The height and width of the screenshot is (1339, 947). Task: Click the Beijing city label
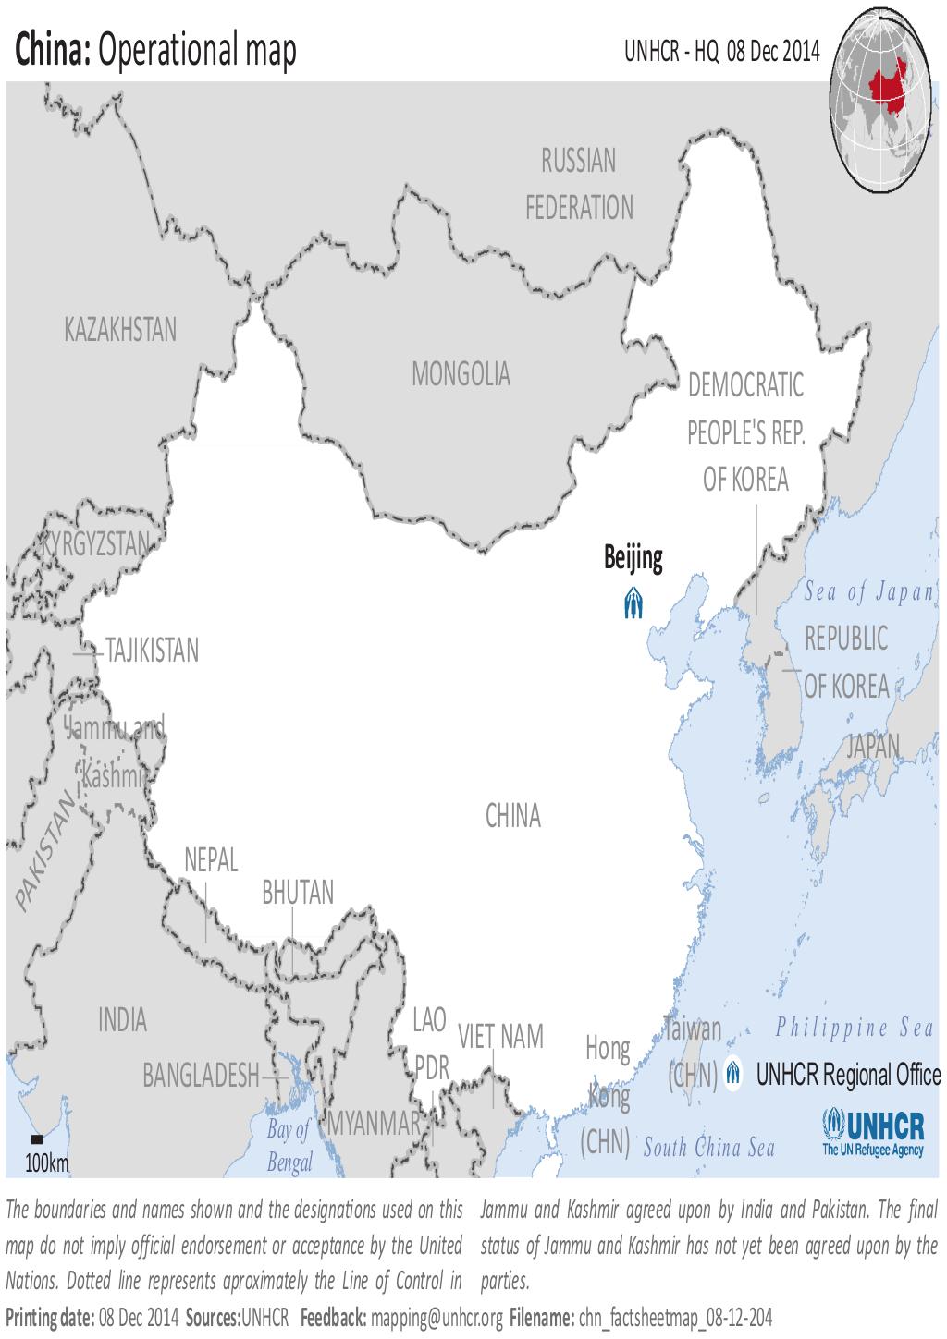coord(633,558)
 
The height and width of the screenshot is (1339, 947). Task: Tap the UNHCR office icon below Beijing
coord(633,603)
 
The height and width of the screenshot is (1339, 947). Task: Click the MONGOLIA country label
coord(461,374)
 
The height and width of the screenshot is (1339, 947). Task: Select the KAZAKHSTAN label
coord(120,330)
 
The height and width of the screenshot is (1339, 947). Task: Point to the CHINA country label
coord(512,816)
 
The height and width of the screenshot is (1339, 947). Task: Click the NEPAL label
coord(211,860)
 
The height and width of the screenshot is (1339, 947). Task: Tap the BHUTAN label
coord(298,893)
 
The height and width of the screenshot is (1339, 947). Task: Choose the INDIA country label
coord(122,1020)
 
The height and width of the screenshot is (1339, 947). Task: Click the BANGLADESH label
coord(201,1076)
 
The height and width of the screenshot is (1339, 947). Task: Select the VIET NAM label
coord(500,1037)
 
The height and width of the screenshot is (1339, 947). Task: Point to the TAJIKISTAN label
coord(152,651)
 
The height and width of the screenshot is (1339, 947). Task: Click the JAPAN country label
coord(873,746)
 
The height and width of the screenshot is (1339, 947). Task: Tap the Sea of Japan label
coord(869,592)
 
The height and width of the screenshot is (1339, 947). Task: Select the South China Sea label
coord(708,1149)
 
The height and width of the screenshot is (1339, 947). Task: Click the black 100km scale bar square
coord(37,1138)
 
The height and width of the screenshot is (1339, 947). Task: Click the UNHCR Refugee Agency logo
coord(873,1133)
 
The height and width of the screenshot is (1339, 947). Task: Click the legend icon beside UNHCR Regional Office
coord(733,1074)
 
